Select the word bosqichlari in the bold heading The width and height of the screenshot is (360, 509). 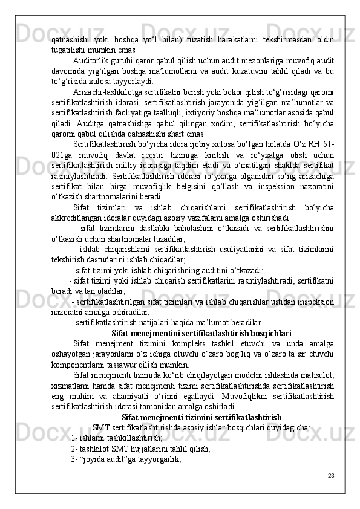pos(272,332)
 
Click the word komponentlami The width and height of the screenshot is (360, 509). pos(79,365)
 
